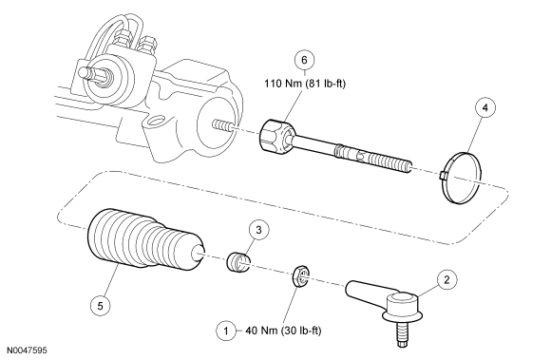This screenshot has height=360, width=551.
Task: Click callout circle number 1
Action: tap(226, 331)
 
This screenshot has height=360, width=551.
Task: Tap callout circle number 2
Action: tap(446, 279)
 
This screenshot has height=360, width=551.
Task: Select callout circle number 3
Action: tap(259, 230)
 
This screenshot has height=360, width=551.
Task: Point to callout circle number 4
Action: tap(485, 107)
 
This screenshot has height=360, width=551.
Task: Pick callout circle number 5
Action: tap(100, 306)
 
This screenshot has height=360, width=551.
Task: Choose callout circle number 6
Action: tap(304, 60)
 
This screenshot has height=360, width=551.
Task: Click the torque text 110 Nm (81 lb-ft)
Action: tap(305, 84)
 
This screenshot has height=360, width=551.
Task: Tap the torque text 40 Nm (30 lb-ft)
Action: tap(283, 331)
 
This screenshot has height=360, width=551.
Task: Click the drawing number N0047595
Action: tap(27, 351)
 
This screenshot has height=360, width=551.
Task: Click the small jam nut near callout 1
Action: tap(301, 276)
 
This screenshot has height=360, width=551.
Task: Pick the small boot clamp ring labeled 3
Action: tap(237, 262)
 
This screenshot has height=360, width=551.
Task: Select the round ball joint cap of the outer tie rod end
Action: tap(401, 302)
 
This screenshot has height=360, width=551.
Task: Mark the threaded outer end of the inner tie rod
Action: tap(389, 162)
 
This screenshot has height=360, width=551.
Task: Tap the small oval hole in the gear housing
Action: tap(155, 122)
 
